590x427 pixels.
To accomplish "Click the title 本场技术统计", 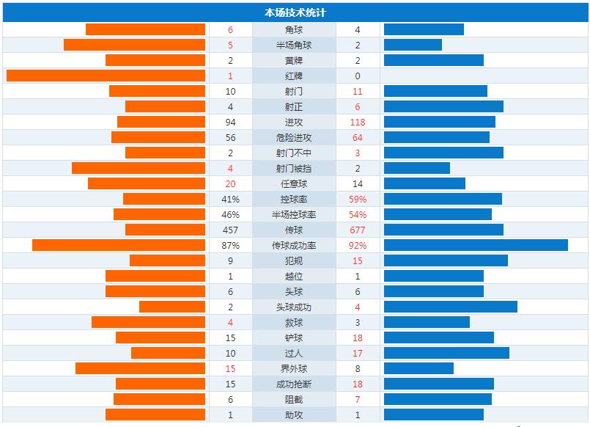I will click(295, 12).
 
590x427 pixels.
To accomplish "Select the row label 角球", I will click(294, 30).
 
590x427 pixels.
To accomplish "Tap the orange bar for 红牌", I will click(106, 76).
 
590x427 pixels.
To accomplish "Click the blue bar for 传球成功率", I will click(476, 246).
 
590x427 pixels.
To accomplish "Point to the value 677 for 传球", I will click(358, 230).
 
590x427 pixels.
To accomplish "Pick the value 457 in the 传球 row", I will click(230, 230).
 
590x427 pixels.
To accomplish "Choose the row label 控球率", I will click(294, 200).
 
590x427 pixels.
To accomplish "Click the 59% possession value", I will click(358, 200).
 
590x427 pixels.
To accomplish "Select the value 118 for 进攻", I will click(358, 123).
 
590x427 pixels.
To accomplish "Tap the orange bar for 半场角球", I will click(134, 45).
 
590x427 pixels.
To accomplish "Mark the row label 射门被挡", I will click(294, 169).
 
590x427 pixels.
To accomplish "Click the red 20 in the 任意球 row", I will click(230, 184).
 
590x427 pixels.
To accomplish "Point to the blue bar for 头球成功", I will click(450, 307).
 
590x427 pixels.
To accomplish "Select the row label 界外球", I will click(294, 369).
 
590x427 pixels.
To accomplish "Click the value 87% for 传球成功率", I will click(230, 246).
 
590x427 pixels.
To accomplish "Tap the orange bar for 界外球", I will click(140, 369).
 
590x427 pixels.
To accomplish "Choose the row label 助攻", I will click(294, 415).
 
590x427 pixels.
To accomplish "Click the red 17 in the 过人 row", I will click(358, 354).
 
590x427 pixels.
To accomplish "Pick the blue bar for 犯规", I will click(446, 261).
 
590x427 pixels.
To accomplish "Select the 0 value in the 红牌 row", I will click(358, 76).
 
